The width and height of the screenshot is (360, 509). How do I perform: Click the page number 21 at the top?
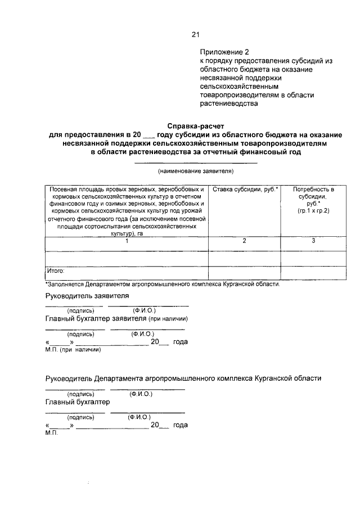(x=195, y=34)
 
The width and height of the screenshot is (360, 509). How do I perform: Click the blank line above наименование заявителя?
(x=195, y=163)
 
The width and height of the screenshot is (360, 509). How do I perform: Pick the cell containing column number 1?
(x=127, y=241)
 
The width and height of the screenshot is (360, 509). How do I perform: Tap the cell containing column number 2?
(x=245, y=241)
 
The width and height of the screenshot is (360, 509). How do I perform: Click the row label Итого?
(x=56, y=271)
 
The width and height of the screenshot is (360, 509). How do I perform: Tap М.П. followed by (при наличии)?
(x=73, y=349)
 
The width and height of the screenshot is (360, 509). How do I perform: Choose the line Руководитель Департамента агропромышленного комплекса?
(x=183, y=379)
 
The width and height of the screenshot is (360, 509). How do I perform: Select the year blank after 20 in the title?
(x=148, y=136)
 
